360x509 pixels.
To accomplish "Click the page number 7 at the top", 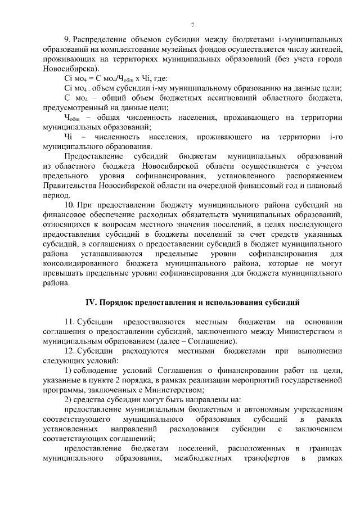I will tap(192, 25).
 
